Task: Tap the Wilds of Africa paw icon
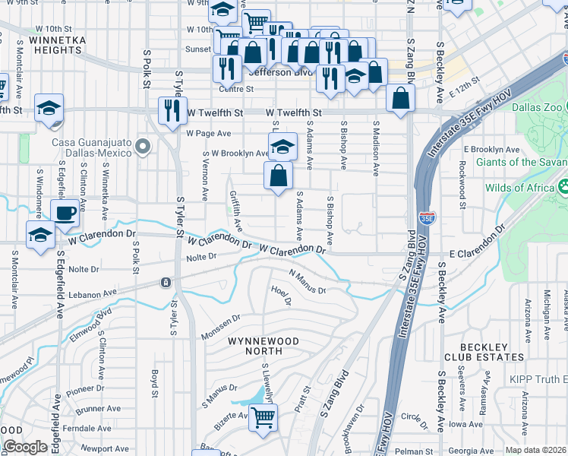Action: (563, 186)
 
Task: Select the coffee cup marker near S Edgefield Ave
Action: (65, 213)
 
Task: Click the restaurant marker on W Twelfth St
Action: (172, 111)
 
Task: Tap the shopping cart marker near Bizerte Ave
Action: (263, 416)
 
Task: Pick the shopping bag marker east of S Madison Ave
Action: (400, 98)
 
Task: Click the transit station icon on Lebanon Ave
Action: (165, 283)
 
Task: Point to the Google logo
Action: (24, 448)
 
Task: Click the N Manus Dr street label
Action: (308, 281)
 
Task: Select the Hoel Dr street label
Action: (281, 295)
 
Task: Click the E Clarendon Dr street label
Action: (477, 242)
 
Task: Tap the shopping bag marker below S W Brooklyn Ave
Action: (279, 176)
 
